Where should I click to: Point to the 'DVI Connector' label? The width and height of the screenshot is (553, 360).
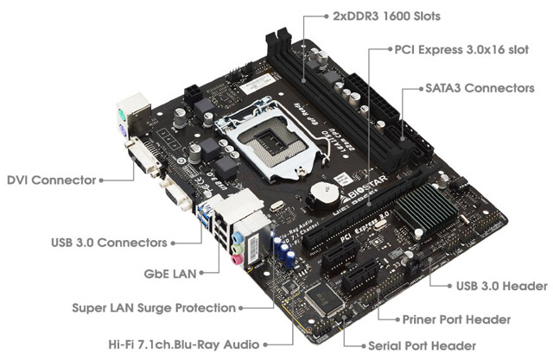click(49, 180)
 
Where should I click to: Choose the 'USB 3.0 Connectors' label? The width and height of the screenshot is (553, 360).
click(107, 243)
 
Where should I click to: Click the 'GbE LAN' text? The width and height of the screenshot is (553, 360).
click(169, 275)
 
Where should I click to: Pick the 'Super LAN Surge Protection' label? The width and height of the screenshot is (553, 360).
click(154, 307)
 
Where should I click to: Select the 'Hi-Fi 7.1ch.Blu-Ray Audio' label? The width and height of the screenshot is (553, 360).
click(178, 343)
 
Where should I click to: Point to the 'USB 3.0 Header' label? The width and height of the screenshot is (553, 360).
click(501, 286)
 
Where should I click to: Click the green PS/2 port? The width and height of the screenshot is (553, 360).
click(123, 115)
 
